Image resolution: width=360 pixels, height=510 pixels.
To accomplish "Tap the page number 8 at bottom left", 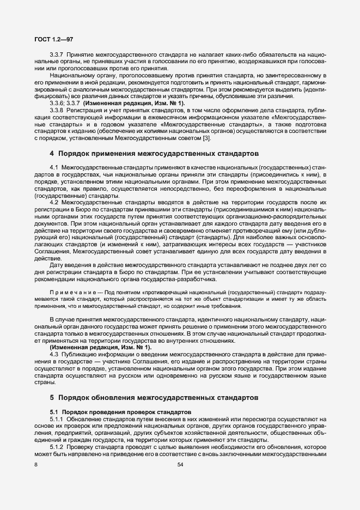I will point(36,464).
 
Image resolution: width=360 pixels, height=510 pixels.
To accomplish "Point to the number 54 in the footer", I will point(180,464).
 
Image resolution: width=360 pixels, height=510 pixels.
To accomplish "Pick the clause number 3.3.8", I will point(57,110).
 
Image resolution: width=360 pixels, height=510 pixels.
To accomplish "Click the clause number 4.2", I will point(54,202).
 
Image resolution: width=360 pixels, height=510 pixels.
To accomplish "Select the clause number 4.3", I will point(54,355).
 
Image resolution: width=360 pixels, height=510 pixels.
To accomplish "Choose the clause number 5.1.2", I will point(57,446).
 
